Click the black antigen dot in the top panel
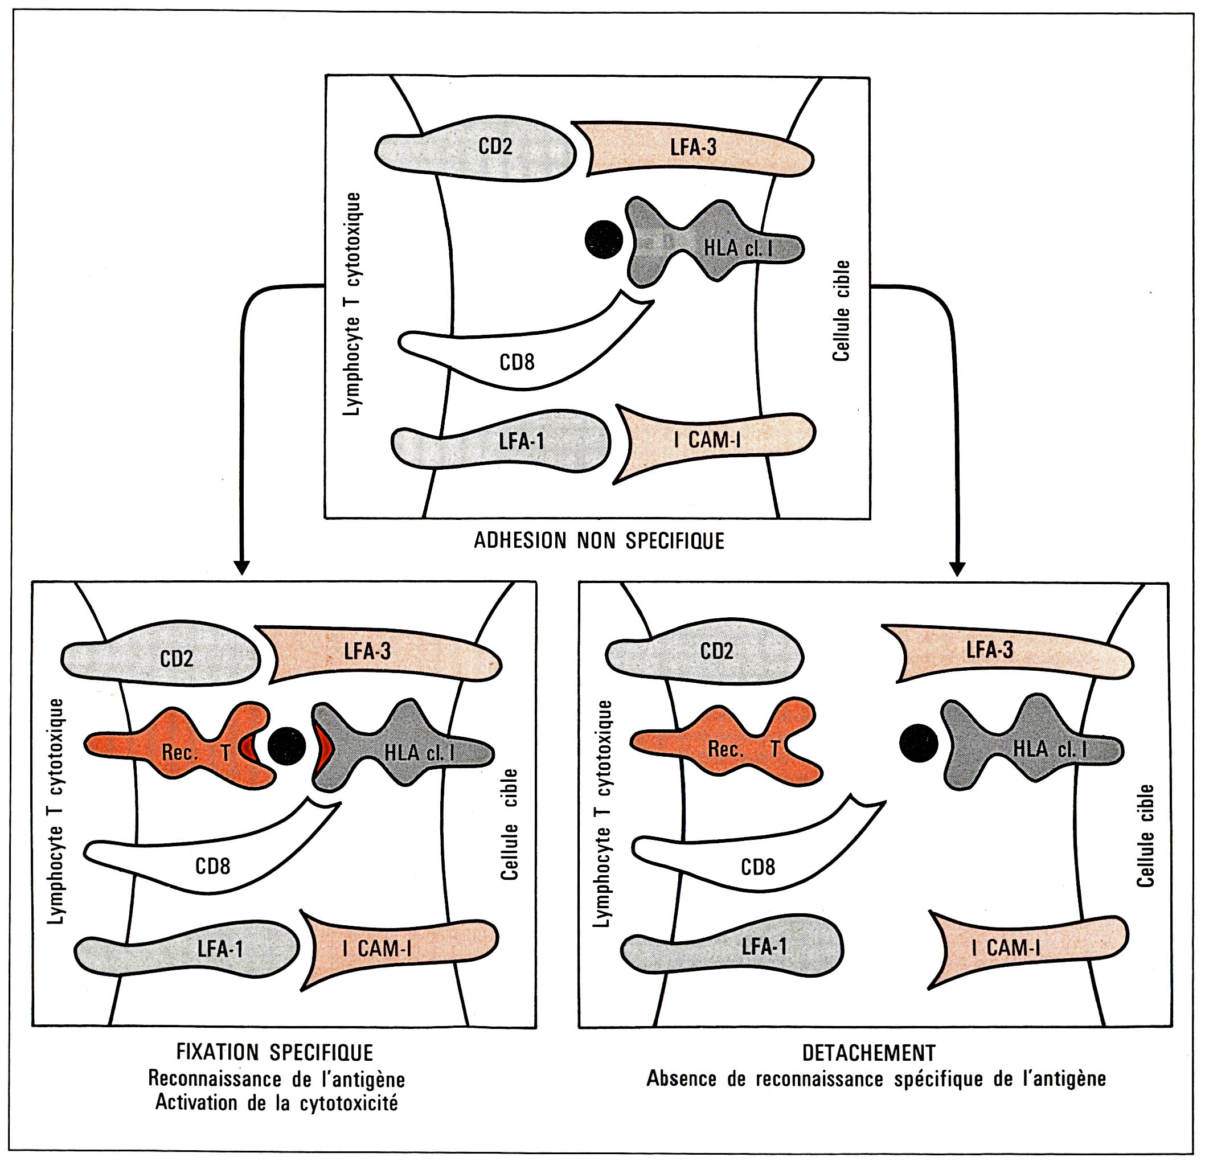click(604, 239)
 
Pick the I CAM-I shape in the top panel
click(713, 440)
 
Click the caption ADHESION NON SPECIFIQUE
click(599, 541)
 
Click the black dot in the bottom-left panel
click(286, 745)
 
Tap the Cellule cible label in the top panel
click(841, 310)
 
